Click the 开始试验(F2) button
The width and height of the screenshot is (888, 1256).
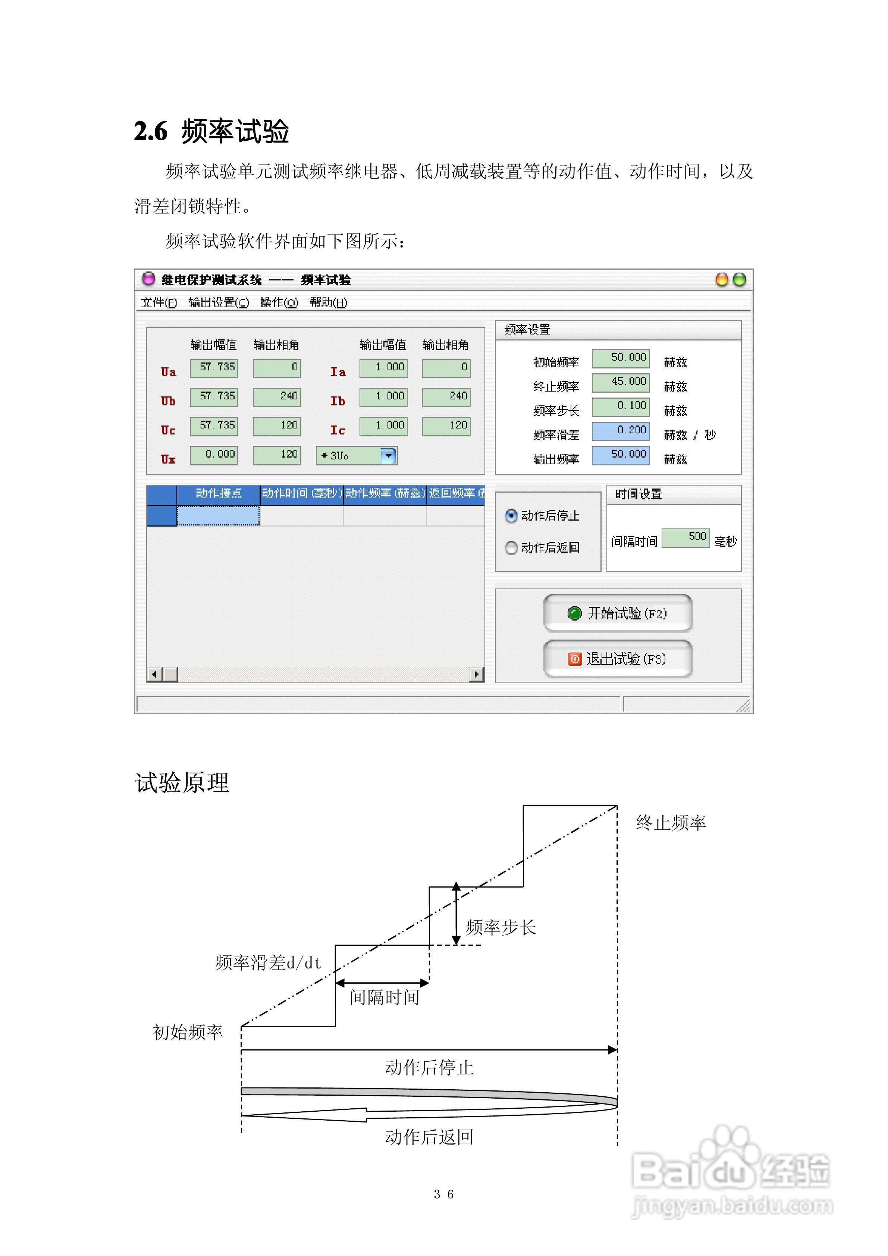pos(617,613)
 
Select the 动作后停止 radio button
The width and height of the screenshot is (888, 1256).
pos(511,515)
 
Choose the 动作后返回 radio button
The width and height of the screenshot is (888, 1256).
pos(511,547)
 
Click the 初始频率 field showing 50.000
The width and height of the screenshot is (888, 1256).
pos(621,358)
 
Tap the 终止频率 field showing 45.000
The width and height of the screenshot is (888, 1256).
pos(621,382)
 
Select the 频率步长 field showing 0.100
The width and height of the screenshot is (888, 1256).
pos(621,406)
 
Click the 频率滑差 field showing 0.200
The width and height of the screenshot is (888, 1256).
pos(621,430)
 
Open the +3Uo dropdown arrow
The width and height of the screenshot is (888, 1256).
pos(388,455)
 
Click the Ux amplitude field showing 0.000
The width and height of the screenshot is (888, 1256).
pos(214,455)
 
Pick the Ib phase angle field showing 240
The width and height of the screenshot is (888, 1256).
pos(446,397)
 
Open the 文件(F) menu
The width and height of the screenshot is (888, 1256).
pos(159,302)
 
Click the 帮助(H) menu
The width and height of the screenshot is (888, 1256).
pos(328,302)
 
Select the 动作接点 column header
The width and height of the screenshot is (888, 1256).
pos(218,493)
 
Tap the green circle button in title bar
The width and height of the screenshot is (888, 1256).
pos(739,280)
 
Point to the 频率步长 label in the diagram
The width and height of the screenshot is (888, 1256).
pos(500,927)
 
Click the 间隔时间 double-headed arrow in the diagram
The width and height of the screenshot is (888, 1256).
pos(382,983)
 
